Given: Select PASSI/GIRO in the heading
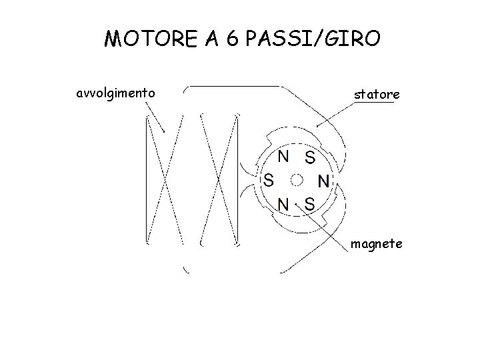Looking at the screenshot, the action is pyautogui.click(x=313, y=40).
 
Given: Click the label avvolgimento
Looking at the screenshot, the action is pyautogui.click(x=117, y=92).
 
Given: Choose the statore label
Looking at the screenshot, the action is pyautogui.click(x=377, y=95).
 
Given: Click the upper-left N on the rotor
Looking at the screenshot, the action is pyautogui.click(x=283, y=157).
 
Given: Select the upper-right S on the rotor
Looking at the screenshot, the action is pyautogui.click(x=310, y=158).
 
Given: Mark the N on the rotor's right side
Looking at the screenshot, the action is pyautogui.click(x=323, y=181).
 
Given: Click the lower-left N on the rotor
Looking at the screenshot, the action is pyautogui.click(x=283, y=203).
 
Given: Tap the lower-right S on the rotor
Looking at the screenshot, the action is pyautogui.click(x=309, y=203).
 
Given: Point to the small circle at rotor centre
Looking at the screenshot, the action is pyautogui.click(x=297, y=179).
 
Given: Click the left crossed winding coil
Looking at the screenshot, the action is pyautogui.click(x=164, y=179).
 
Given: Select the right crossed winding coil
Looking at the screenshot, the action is pyautogui.click(x=219, y=179).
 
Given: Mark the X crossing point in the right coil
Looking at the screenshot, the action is pyautogui.click(x=219, y=179).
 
